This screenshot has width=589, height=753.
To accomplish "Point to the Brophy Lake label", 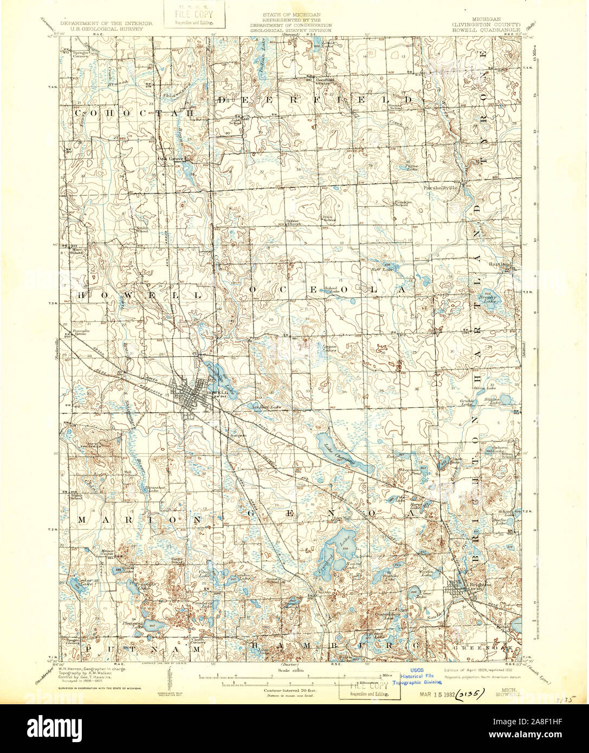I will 487,298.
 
